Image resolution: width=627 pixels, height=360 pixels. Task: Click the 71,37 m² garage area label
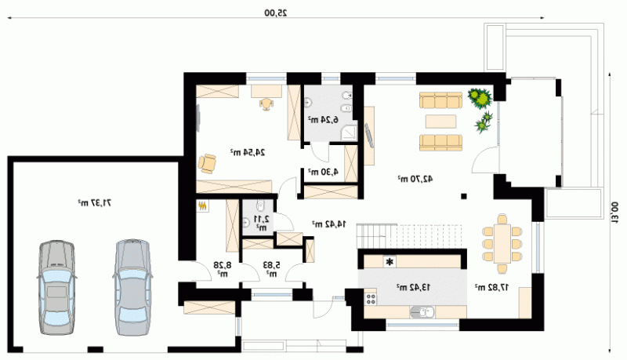[x=94, y=203]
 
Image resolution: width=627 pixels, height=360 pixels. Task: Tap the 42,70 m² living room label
[x=415, y=179]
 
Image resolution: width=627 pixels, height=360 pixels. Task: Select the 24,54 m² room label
[x=248, y=152]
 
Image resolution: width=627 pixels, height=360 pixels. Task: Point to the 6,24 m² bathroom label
[x=323, y=119]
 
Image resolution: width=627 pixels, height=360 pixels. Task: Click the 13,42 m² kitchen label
[x=414, y=287]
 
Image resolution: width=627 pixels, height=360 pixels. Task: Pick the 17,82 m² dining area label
[x=492, y=287]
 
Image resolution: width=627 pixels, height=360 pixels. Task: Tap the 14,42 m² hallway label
[x=329, y=224]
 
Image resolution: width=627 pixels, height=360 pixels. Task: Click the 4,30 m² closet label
[x=323, y=172]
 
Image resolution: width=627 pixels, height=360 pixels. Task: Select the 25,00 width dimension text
[x=276, y=13]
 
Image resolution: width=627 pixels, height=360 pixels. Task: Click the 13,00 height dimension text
[x=614, y=212]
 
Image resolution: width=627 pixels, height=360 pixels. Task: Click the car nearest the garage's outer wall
[x=56, y=288]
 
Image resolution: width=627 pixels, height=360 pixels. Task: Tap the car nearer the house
[x=132, y=287]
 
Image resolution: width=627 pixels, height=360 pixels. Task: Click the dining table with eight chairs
[x=502, y=244]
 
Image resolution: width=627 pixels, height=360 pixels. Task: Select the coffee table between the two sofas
[x=440, y=122]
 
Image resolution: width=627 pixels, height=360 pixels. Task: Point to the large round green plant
[x=480, y=98]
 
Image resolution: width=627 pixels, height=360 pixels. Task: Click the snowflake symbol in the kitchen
[x=389, y=262]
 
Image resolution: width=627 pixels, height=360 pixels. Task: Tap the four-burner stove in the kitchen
[x=371, y=299]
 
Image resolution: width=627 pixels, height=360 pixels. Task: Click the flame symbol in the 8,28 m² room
[x=203, y=206]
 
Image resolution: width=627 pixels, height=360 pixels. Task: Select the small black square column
[x=464, y=196]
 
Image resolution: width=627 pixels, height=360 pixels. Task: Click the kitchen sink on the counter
[x=422, y=311]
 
